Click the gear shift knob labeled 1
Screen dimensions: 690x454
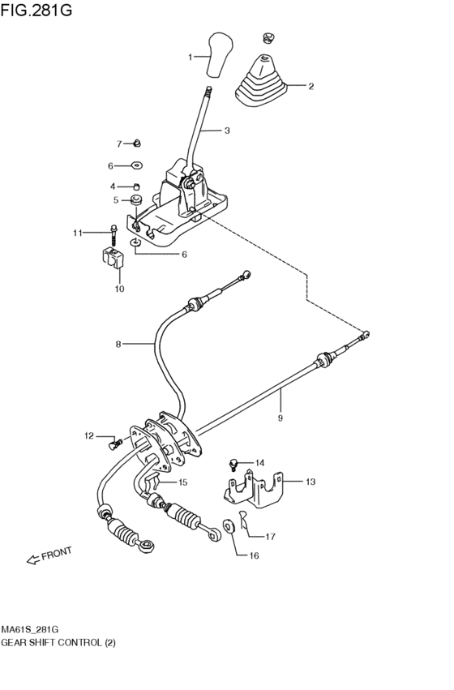pos(218,54)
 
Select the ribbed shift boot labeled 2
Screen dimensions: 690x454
pos(260,81)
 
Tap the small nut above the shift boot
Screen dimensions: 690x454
pos(268,36)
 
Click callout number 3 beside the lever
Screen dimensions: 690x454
pos(227,131)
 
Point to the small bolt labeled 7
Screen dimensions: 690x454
pos(137,144)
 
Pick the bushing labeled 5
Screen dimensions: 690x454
pos(136,199)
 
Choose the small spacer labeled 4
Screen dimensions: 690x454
pos(136,186)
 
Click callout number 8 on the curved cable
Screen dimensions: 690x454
pos(118,344)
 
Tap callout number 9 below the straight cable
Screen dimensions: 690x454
pos(280,418)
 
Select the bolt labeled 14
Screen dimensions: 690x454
pos(233,465)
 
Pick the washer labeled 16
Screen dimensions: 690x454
pos(229,527)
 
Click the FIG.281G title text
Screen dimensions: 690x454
pos(35,11)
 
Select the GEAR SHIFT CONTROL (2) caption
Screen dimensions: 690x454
pos(58,642)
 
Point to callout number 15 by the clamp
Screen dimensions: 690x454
pos(182,482)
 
